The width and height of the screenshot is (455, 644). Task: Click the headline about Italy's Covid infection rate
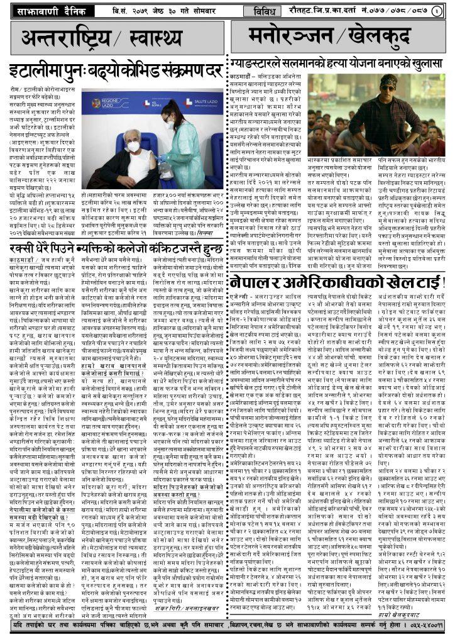click(x=116, y=70)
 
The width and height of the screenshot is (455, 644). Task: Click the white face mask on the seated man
click(x=134, y=147)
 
